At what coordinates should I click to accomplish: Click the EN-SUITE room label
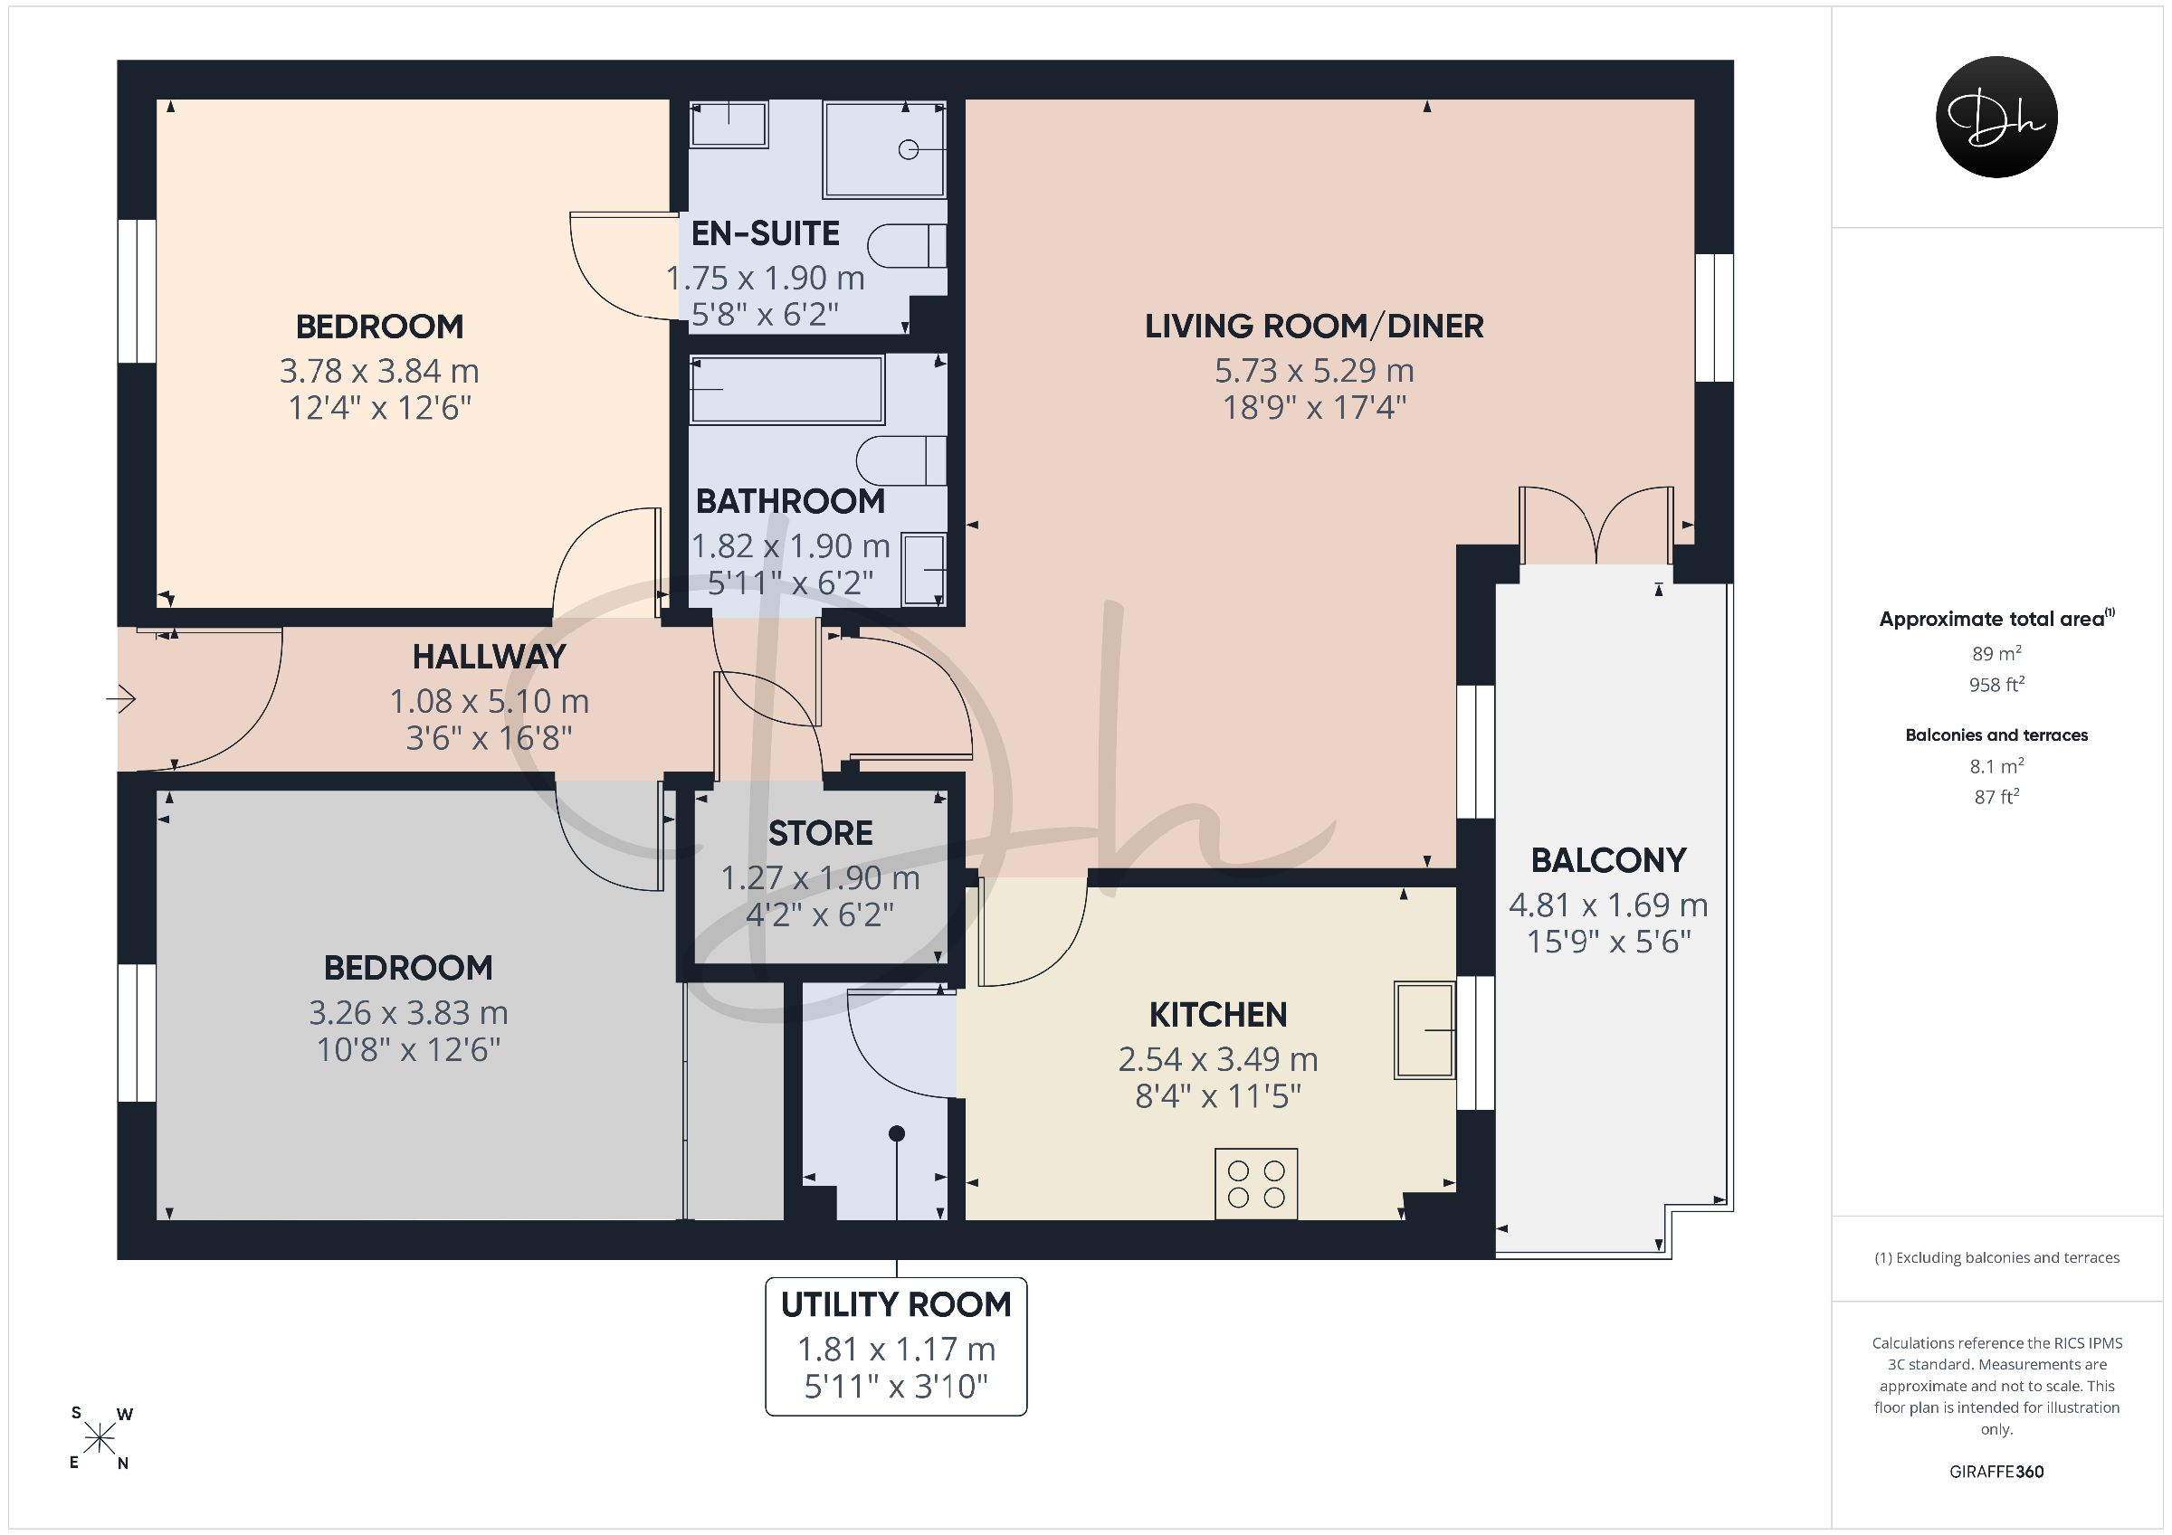[766, 233]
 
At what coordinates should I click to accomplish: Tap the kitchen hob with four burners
[1256, 1184]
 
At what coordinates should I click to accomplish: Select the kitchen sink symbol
[1424, 1030]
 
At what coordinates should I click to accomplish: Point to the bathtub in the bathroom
[787, 390]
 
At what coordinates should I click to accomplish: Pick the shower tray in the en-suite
[884, 148]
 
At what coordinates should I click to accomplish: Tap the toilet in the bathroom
[901, 461]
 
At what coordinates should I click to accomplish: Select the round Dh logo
[1997, 117]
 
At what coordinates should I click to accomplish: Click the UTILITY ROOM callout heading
[896, 1305]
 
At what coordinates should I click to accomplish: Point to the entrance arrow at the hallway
[121, 701]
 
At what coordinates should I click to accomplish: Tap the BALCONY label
[1608, 860]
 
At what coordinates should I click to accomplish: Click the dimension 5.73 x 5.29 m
[1314, 371]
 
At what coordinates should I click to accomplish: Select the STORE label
[820, 833]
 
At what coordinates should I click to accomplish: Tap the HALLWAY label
[489, 657]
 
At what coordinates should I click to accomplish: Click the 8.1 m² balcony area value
[1996, 766]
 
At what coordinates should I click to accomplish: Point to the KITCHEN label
[1217, 1015]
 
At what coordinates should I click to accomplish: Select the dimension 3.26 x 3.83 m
[408, 1013]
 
